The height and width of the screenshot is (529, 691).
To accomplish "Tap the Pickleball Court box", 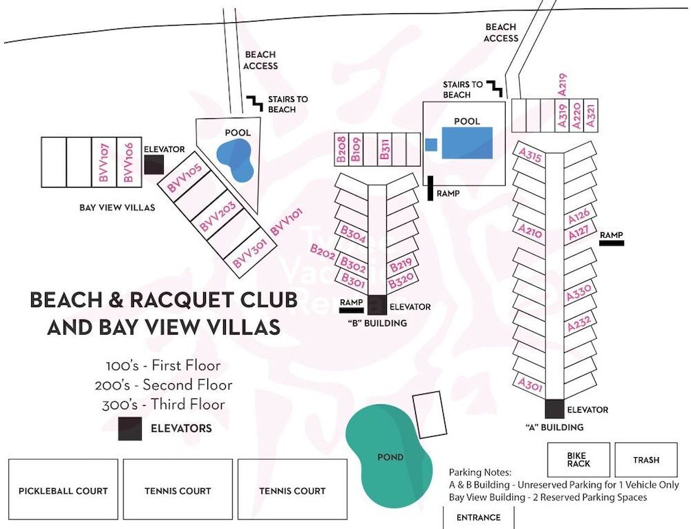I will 64,490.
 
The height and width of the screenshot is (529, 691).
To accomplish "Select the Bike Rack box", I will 578,460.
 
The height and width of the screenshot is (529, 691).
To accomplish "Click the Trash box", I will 646,460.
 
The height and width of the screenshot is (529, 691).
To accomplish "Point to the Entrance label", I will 478,517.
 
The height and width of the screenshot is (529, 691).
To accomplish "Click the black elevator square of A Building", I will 554,409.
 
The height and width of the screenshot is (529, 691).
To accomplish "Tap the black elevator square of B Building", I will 377,305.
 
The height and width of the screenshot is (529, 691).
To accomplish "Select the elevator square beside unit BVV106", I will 153,164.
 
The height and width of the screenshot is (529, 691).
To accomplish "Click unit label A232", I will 579,324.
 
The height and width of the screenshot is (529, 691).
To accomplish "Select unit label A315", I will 530,154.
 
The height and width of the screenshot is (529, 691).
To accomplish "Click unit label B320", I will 400,282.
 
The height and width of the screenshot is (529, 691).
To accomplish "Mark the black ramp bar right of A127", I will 612,243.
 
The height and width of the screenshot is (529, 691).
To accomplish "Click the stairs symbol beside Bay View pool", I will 253,103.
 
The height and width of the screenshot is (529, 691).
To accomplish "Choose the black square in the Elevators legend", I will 130,429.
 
